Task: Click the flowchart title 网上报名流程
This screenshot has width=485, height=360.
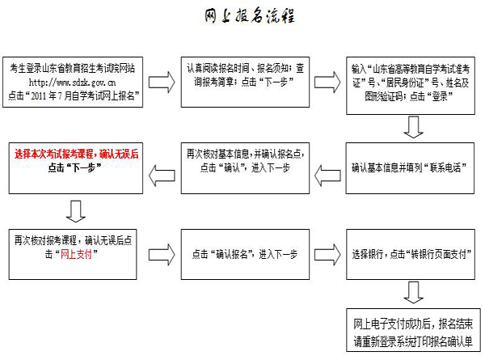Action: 247,17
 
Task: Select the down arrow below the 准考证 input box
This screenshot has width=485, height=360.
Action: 414,127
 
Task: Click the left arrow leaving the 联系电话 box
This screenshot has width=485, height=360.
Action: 328,169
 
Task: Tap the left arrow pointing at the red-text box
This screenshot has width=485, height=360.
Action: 162,169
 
